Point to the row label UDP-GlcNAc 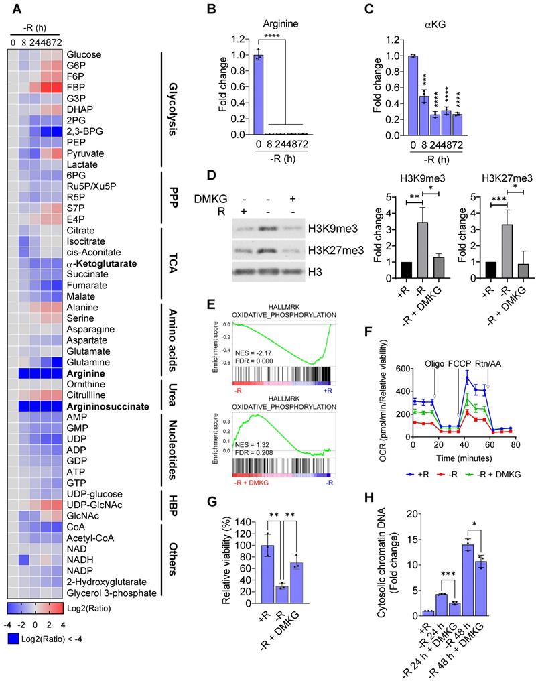click(93, 503)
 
